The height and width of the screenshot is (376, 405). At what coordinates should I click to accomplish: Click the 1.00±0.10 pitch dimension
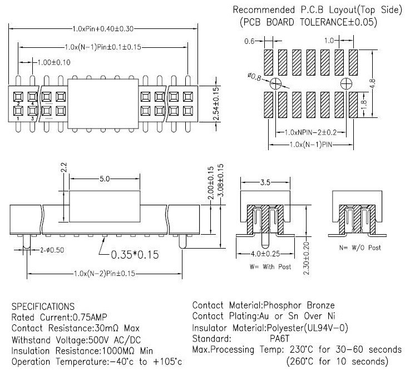(54, 62)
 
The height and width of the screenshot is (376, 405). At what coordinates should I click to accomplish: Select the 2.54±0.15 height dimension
(216, 104)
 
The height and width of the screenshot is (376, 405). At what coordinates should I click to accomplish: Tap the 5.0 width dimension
(105, 179)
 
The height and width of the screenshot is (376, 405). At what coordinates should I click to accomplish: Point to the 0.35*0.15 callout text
(135, 255)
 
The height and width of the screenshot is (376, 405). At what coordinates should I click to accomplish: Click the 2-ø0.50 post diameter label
(52, 250)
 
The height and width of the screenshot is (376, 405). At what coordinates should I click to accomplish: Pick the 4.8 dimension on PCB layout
(372, 83)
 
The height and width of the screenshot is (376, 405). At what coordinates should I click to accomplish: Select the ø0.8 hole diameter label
(254, 77)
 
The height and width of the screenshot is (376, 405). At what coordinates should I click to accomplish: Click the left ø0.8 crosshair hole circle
(275, 83)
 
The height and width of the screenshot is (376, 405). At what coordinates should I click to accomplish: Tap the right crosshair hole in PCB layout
(346, 83)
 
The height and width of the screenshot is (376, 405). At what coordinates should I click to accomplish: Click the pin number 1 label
(18, 118)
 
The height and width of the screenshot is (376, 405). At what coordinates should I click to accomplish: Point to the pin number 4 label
(32, 104)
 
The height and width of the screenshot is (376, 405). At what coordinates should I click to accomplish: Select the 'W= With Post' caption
(270, 266)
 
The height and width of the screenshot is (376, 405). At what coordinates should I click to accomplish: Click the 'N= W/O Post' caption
(360, 248)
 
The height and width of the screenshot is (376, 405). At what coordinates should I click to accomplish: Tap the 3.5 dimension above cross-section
(265, 182)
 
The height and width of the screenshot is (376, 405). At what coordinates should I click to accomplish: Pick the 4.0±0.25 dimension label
(265, 254)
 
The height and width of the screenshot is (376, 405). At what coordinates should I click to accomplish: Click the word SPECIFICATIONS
(43, 306)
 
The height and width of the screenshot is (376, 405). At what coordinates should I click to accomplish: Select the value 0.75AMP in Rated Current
(90, 317)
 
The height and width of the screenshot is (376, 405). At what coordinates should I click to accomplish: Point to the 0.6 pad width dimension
(249, 41)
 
